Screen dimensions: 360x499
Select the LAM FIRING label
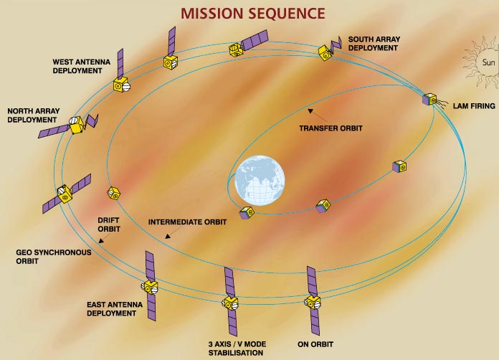pos(474,106)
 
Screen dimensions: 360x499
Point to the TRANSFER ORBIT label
pos(331,128)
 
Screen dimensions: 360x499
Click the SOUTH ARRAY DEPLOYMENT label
pos(373,43)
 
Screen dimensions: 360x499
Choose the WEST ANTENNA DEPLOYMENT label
pos(81,67)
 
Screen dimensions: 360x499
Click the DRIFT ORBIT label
pos(109,224)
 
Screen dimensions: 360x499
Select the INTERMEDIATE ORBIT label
pos(187,222)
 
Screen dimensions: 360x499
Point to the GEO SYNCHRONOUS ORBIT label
pos(44,257)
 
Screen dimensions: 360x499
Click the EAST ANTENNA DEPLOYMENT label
pos(115,309)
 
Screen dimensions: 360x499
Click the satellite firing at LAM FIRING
pos(429,100)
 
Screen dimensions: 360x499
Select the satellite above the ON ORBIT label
pos(313,301)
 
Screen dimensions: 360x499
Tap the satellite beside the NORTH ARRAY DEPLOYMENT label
pos(73,125)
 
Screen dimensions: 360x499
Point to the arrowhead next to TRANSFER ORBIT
pos(310,110)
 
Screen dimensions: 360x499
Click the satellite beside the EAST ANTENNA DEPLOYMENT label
pos(151,286)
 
